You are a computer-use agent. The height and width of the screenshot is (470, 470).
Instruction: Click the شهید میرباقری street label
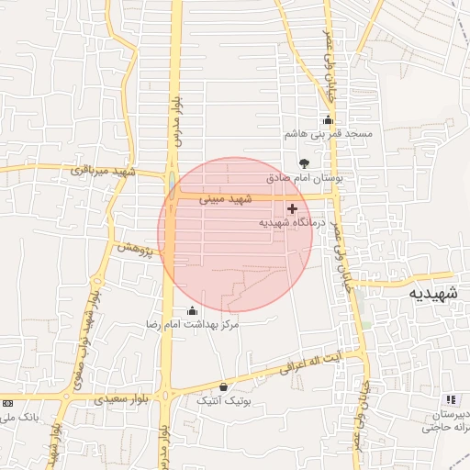click(102, 171)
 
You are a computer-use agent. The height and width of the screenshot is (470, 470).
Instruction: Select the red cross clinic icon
click(293, 209)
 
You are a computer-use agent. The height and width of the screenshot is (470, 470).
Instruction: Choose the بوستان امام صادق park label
click(304, 178)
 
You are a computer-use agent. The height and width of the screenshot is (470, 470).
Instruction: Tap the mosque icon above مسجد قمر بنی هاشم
click(328, 120)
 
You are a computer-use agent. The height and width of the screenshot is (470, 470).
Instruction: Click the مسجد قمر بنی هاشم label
click(328, 134)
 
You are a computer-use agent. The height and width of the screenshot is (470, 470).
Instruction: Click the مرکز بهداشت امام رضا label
click(193, 325)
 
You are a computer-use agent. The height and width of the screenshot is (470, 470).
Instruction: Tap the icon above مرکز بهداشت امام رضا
click(191, 310)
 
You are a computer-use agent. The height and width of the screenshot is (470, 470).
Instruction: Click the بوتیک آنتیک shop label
click(224, 401)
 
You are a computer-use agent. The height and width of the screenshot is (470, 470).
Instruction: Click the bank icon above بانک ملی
click(8, 403)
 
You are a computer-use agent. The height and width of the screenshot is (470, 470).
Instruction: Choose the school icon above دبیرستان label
click(450, 399)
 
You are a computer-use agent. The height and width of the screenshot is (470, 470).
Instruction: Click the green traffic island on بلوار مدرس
click(172, 179)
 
